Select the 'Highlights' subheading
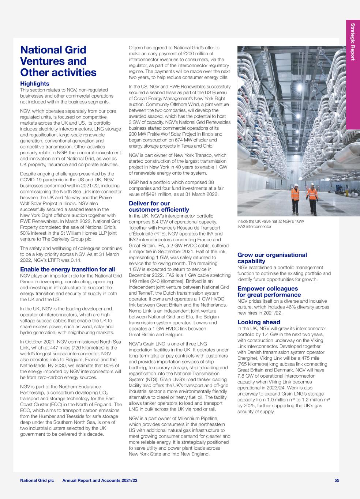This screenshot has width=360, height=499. [35, 84]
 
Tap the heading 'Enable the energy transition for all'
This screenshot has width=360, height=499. [67, 269]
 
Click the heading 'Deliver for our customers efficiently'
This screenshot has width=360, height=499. [159, 207]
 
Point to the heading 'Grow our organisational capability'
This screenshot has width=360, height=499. [272, 258]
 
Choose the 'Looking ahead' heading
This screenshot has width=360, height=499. [259, 322]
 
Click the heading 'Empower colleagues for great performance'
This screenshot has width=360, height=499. [269, 292]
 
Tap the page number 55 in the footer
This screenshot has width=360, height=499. [337, 480]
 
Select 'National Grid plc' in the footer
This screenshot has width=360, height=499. [37, 480]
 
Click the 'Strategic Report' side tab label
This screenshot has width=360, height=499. [353, 42]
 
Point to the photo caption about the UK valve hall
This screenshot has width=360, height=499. [271, 224]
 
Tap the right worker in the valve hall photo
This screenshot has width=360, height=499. [312, 199]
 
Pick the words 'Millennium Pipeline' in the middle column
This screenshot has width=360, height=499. [199, 418]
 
